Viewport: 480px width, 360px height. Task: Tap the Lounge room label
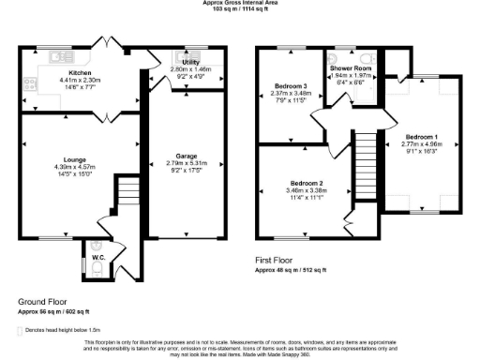[76, 161]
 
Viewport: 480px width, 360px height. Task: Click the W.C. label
[98, 256]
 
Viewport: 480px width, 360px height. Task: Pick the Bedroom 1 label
[417, 135]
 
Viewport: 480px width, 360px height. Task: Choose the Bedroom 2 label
[306, 182]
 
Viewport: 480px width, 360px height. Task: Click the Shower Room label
[349, 67]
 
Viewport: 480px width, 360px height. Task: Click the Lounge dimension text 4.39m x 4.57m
[76, 169]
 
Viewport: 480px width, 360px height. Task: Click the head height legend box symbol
[21, 331]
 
